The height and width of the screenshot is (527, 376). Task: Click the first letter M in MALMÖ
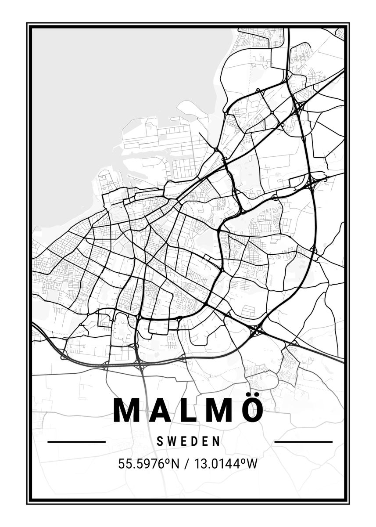(x=125, y=410)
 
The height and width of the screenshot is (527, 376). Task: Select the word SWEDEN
(x=188, y=441)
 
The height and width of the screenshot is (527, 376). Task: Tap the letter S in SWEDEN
(x=160, y=441)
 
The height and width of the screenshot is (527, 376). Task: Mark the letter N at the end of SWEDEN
(x=217, y=441)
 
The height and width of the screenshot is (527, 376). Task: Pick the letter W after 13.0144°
(x=250, y=464)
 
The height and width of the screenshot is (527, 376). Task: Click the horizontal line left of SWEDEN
(x=76, y=441)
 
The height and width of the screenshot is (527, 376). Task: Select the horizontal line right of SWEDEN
(x=303, y=441)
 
